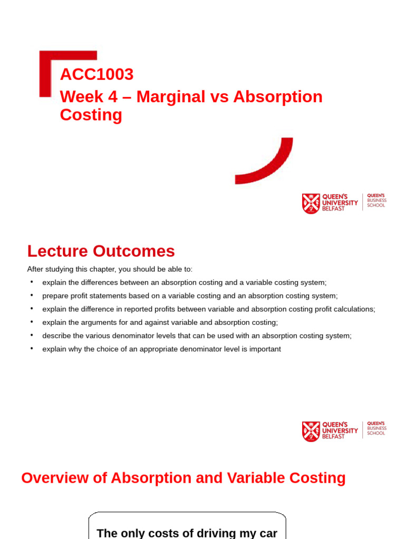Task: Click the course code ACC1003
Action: tap(97, 75)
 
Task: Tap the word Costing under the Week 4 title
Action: tap(91, 115)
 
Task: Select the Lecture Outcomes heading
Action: tap(101, 251)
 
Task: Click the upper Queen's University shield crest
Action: tap(311, 204)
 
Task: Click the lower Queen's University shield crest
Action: tap(311, 432)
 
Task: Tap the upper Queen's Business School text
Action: tap(377, 200)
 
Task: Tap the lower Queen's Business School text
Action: tap(377, 428)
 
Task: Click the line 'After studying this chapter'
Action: tap(110, 269)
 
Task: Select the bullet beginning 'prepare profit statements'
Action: tap(190, 296)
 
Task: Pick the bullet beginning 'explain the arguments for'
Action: tap(160, 322)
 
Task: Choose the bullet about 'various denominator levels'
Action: tap(197, 336)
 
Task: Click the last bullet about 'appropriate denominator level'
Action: tap(161, 349)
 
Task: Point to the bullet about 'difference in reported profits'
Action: tap(209, 309)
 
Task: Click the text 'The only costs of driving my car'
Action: tap(187, 533)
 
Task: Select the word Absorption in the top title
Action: tap(278, 97)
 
